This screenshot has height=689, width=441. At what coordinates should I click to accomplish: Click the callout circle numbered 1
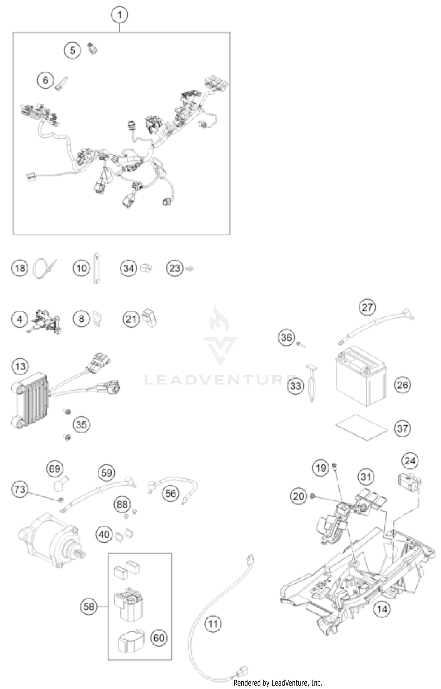119,15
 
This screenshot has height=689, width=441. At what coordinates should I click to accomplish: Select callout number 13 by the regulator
20,367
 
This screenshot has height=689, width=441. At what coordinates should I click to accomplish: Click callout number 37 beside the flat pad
402,429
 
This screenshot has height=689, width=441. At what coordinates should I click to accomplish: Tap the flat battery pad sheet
361,427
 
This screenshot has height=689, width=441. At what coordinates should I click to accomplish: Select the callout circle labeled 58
89,606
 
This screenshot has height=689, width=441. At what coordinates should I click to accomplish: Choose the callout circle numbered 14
382,609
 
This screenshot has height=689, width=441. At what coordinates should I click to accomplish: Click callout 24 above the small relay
410,461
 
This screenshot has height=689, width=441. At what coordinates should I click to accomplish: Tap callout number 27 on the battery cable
367,307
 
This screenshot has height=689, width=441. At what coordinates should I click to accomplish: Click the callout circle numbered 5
72,50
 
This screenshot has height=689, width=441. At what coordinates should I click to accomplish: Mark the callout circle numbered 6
45,80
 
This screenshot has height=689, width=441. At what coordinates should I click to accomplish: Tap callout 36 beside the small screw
286,337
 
